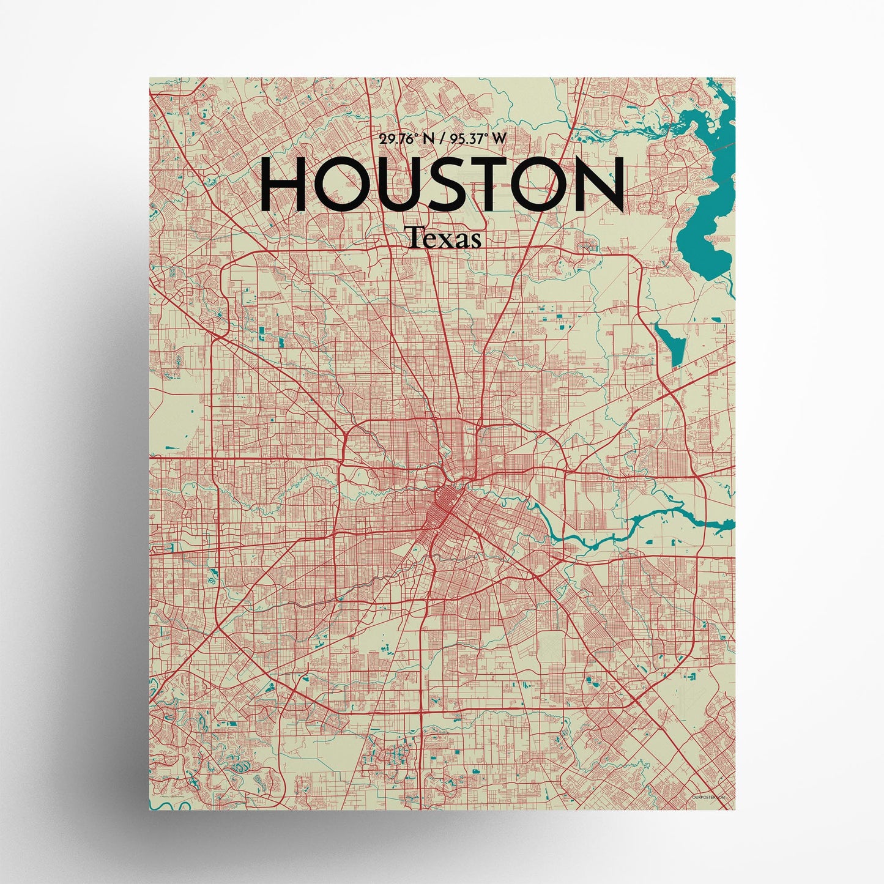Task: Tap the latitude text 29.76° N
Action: (406, 139)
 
